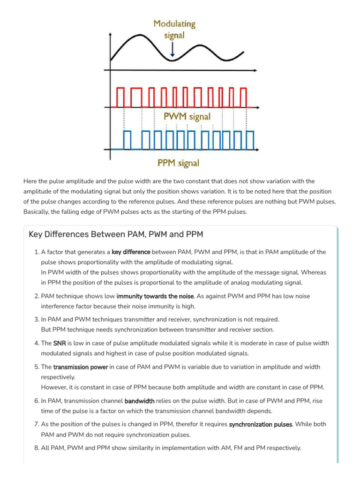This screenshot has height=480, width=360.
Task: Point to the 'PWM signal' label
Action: [x=187, y=116]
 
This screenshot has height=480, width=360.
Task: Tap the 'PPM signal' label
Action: [x=178, y=163]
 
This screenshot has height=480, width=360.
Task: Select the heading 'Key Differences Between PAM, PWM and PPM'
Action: [x=115, y=234]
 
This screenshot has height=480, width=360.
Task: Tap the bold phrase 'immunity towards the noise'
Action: [x=155, y=296]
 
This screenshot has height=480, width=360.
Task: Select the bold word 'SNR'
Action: [x=60, y=343]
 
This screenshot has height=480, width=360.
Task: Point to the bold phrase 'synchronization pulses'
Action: [x=258, y=424]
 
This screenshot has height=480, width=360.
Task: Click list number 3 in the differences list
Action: [x=37, y=319]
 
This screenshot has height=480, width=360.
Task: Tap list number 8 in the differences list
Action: [x=37, y=448]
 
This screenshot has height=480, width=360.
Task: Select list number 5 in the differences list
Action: [x=37, y=367]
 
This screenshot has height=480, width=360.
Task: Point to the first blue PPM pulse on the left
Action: [x=127, y=139]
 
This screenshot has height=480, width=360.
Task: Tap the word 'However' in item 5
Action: [x=54, y=387]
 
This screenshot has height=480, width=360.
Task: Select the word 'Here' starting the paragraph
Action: [x=30, y=181]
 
